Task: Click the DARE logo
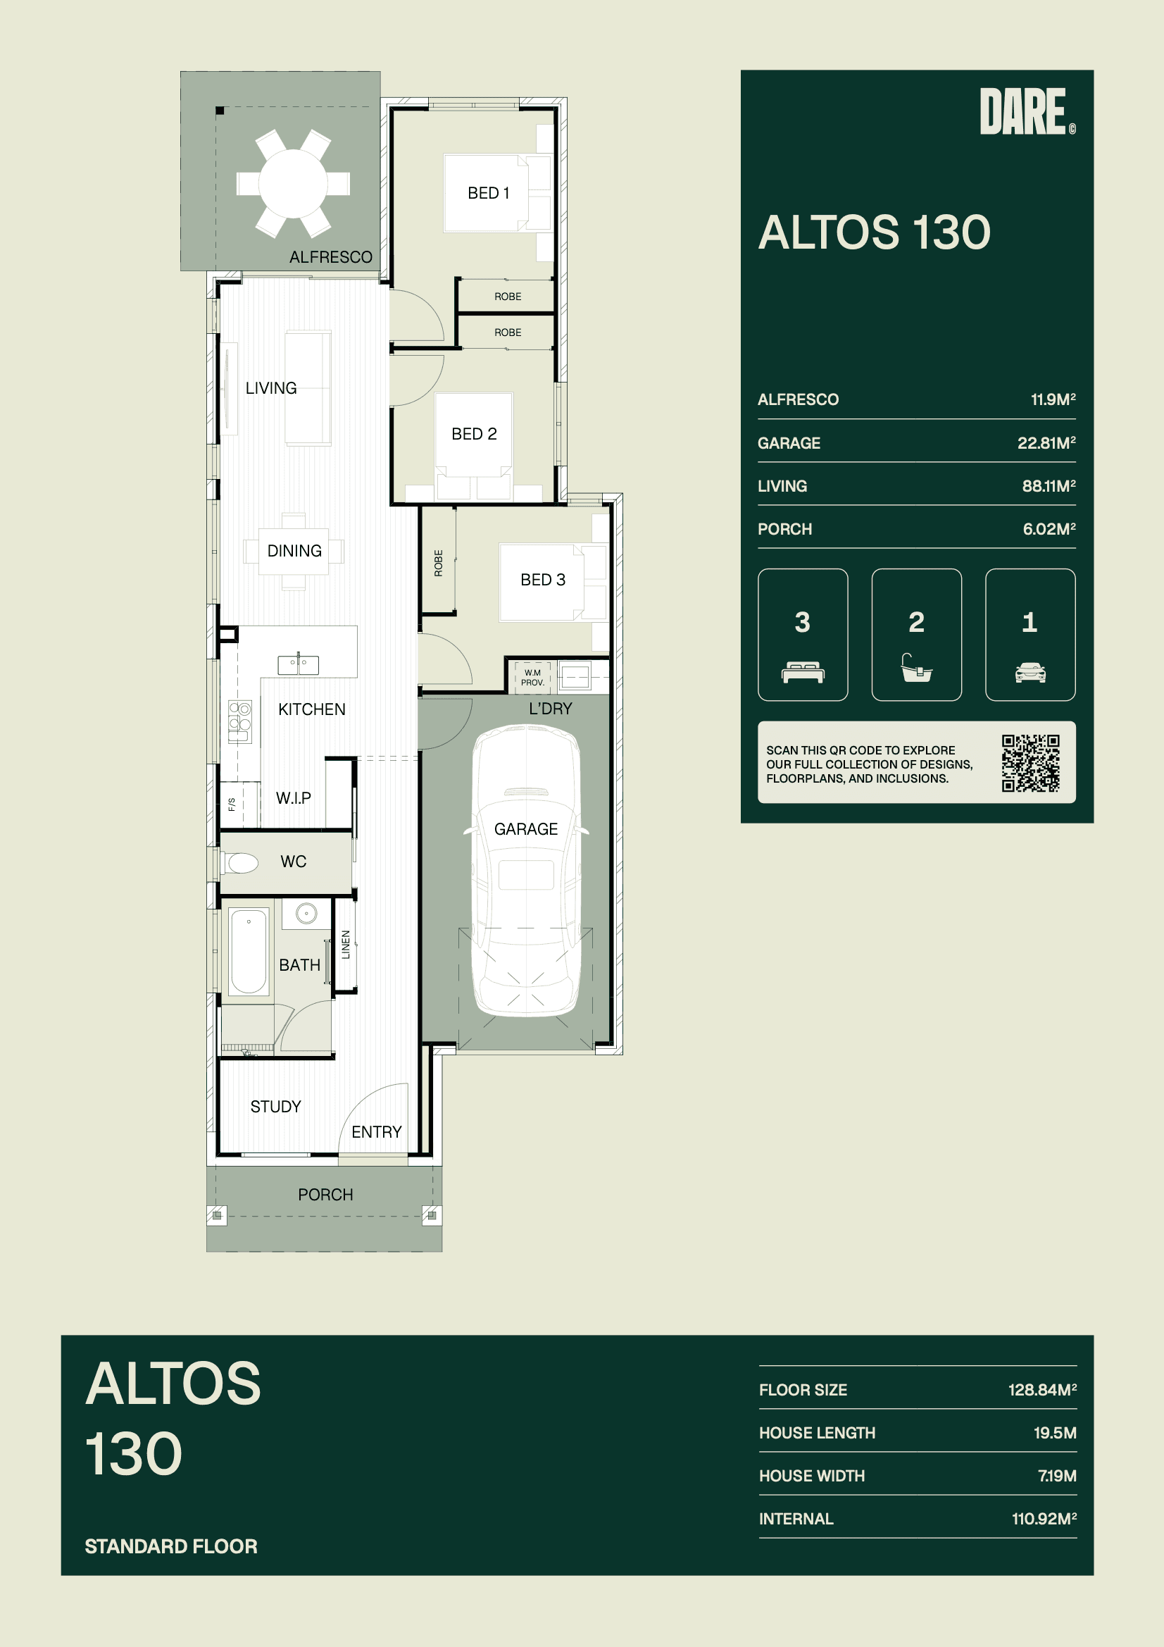coord(1027,111)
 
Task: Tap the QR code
coord(1031,762)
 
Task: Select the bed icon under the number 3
coord(803,673)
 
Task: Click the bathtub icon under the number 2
coord(917,667)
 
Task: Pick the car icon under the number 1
coord(1030,672)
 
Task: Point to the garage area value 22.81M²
coord(1046,442)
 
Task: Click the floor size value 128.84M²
coord(1042,1389)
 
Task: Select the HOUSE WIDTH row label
coord(812,1476)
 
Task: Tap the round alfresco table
coord(294,183)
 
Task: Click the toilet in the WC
coord(239,862)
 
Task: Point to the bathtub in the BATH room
coord(249,950)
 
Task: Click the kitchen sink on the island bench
coord(299,664)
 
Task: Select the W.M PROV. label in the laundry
coord(532,677)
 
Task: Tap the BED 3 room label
coord(543,580)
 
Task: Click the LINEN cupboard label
coord(346,944)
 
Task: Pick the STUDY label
coord(275,1106)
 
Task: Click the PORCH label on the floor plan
coord(325,1194)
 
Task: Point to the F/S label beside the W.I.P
coord(232,804)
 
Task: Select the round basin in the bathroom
coord(306,913)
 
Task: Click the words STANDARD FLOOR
coord(170,1546)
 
